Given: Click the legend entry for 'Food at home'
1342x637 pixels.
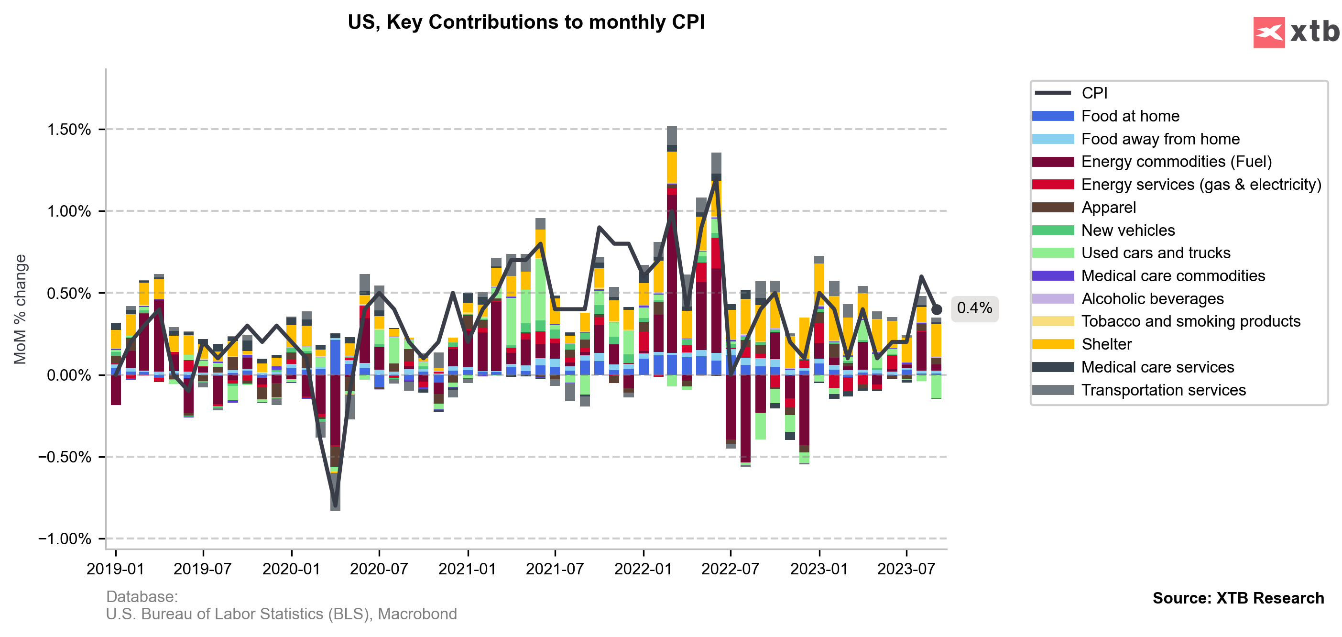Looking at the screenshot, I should click(x=1130, y=116).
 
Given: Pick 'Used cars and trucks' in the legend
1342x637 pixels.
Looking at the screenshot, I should click(x=1156, y=253).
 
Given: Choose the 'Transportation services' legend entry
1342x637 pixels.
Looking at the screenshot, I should click(x=1163, y=390).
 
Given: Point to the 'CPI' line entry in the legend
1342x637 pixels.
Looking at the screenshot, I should click(x=1094, y=93).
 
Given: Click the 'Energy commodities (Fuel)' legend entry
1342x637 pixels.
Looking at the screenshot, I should click(x=1176, y=162).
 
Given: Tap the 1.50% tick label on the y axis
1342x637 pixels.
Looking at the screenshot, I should click(x=69, y=129).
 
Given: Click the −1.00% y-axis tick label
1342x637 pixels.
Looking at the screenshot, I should click(x=65, y=538).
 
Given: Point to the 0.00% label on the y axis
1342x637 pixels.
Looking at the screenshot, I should click(x=69, y=375).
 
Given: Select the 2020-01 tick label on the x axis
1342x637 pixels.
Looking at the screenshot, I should click(x=291, y=569).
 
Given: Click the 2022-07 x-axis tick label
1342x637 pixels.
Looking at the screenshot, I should click(x=731, y=569).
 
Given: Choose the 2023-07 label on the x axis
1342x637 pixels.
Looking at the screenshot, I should click(x=906, y=569).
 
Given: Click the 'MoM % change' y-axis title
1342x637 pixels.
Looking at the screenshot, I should click(x=20, y=309).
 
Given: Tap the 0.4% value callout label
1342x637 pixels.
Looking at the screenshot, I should click(x=974, y=308).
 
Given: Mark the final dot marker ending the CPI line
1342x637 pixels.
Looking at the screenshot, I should click(x=936, y=309).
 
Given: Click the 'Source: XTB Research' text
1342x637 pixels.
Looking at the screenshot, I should click(x=1238, y=598).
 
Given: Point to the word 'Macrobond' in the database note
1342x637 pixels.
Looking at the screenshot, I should click(x=417, y=614).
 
